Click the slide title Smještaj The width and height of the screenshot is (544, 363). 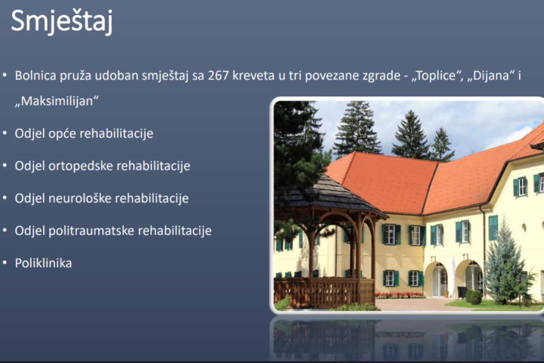(62, 21)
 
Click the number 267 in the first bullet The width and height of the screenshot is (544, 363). (218, 75)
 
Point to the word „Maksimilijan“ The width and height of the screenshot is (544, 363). (56, 101)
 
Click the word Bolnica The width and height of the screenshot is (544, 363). (36, 75)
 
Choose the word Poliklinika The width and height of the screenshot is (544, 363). (44, 263)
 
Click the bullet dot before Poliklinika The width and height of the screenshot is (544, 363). (5, 263)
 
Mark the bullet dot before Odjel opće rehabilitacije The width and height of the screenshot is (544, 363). (5, 133)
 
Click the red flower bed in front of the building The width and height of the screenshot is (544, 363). (399, 295)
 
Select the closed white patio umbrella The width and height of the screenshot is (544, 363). (453, 276)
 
